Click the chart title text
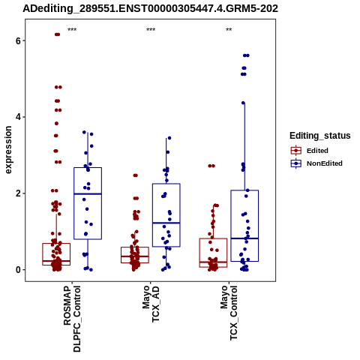click(x=150, y=8)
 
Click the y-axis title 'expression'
click(x=8, y=150)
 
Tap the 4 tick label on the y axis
click(x=18, y=117)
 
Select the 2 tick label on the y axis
click(x=18, y=193)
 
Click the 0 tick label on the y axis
click(x=18, y=270)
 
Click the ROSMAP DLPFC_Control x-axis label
click(x=72, y=319)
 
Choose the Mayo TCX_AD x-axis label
click(x=151, y=304)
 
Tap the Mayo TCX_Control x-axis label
click(x=229, y=313)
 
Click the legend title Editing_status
click(x=320, y=136)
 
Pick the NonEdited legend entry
click(x=316, y=163)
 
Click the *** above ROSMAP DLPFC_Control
click(x=72, y=30)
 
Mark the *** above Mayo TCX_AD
click(x=151, y=30)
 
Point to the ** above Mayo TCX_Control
click(x=229, y=30)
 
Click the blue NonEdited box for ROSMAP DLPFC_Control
click(x=88, y=168)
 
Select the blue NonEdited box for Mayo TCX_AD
click(x=166, y=184)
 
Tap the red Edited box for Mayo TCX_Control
click(x=213, y=238)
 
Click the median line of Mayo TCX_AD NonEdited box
click(x=166, y=223)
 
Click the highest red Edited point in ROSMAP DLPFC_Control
click(x=57, y=34)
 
